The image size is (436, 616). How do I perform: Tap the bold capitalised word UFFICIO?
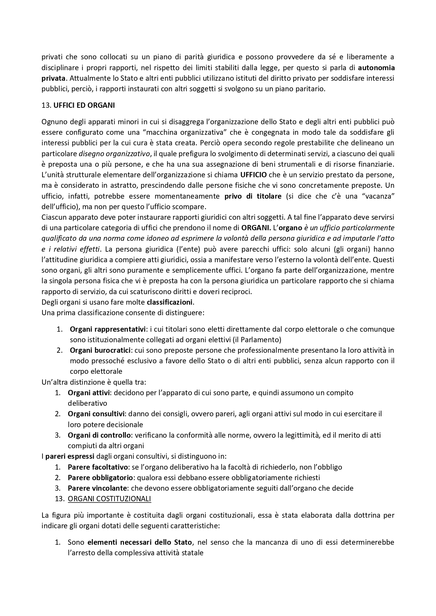tap(253, 174)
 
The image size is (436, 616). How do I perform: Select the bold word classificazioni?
tap(170, 302)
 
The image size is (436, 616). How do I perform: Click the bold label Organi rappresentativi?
tap(108, 329)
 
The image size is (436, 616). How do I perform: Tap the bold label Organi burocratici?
tap(100, 350)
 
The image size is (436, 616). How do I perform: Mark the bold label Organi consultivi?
tap(94, 414)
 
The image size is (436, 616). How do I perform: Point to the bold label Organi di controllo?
tap(99, 435)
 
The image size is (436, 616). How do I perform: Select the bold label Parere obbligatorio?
tap(100, 478)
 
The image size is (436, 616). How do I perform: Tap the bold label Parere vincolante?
tap(97, 488)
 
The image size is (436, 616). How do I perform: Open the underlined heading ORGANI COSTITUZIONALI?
tap(109, 499)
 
